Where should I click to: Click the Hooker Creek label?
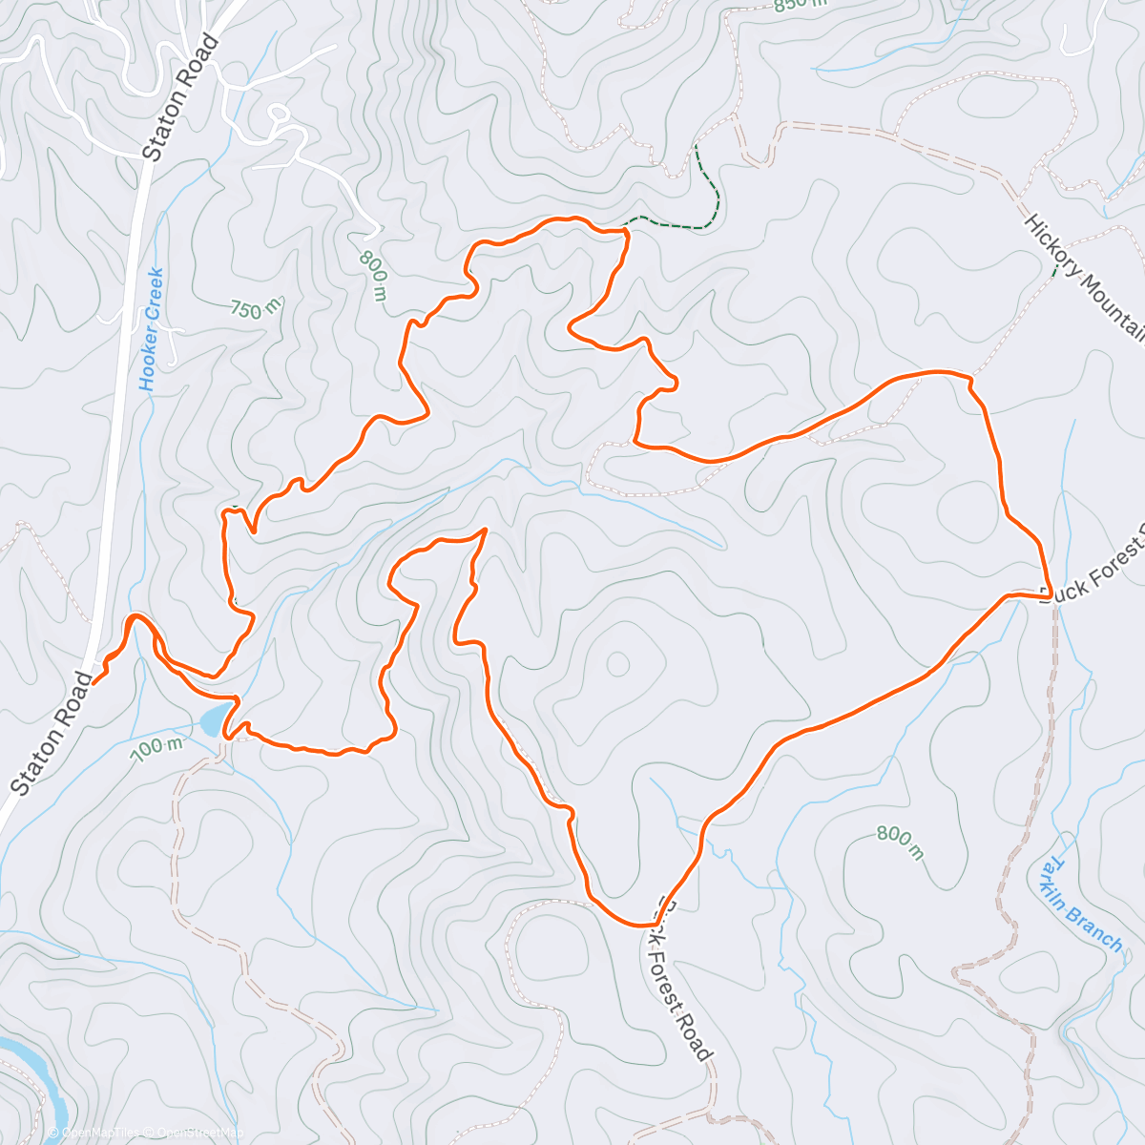151,329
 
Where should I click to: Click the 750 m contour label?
257,307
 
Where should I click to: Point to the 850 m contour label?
800,5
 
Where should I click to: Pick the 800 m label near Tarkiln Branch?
900,843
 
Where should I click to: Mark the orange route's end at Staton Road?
94,682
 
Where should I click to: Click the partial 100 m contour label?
157,747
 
